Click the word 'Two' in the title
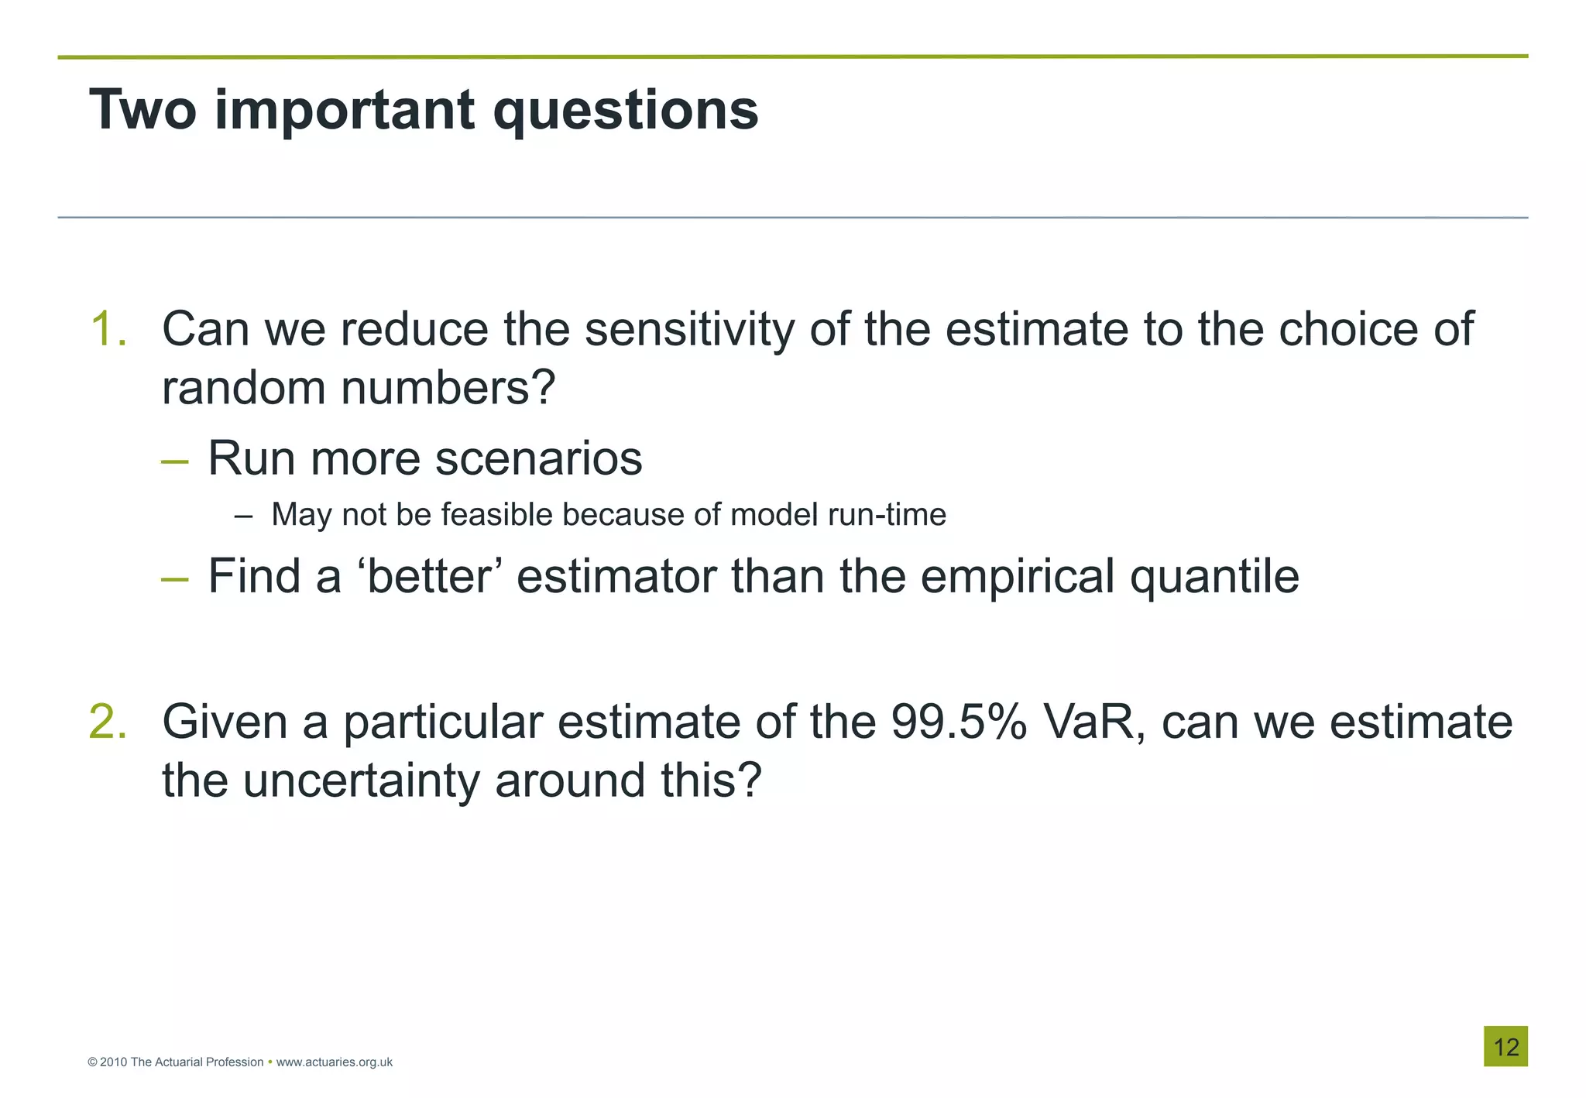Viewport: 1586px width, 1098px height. (x=142, y=110)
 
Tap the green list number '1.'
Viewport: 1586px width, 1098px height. (x=108, y=329)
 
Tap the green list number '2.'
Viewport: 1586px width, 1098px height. (x=108, y=722)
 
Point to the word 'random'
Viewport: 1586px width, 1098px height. (x=245, y=387)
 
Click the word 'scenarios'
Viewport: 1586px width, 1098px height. (x=538, y=458)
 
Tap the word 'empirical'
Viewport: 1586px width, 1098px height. (x=1018, y=578)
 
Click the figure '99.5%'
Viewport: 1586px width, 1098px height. (x=959, y=722)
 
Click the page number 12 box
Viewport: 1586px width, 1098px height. (x=1505, y=1047)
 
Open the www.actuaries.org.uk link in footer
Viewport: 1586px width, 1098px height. (x=334, y=1062)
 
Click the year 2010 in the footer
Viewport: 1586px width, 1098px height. (x=113, y=1062)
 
